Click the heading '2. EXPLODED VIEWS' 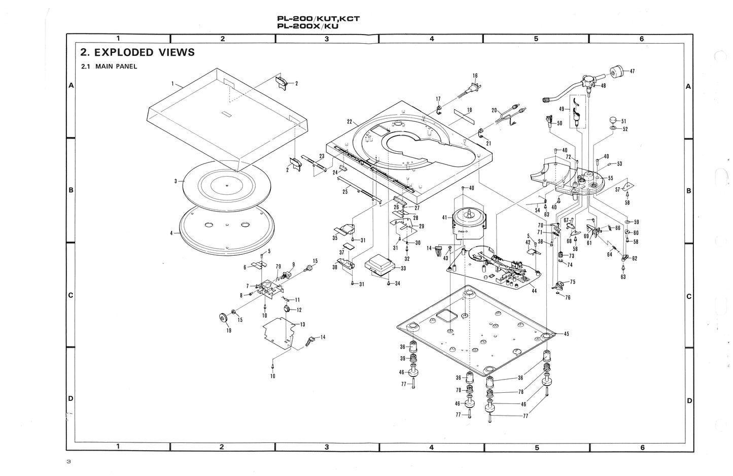coord(137,52)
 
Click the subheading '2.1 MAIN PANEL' coord(109,66)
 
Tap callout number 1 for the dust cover coord(173,83)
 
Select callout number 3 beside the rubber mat coord(175,181)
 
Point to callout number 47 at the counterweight coord(632,71)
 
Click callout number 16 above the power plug coord(475,76)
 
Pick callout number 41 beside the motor coord(444,217)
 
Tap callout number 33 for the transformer coord(403,268)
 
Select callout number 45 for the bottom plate coord(566,333)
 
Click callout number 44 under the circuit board coord(533,290)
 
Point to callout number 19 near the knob coord(229,330)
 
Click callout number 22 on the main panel coord(350,121)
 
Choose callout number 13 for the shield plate coord(302,324)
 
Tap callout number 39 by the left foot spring coord(402,358)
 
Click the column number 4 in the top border coord(431,39)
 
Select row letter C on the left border coord(72,295)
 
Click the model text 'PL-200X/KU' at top coord(308,27)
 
